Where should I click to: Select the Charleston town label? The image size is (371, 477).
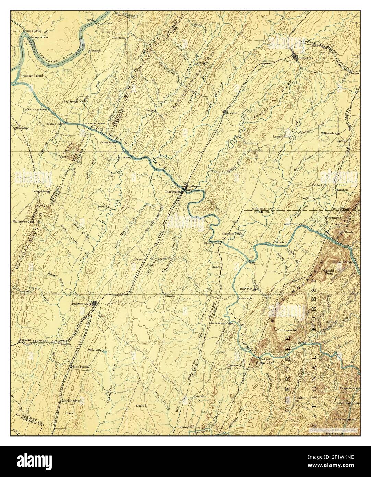[x=172, y=192]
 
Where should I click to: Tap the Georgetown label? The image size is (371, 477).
[x=39, y=191]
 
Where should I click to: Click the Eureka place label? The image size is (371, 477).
[x=102, y=207]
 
